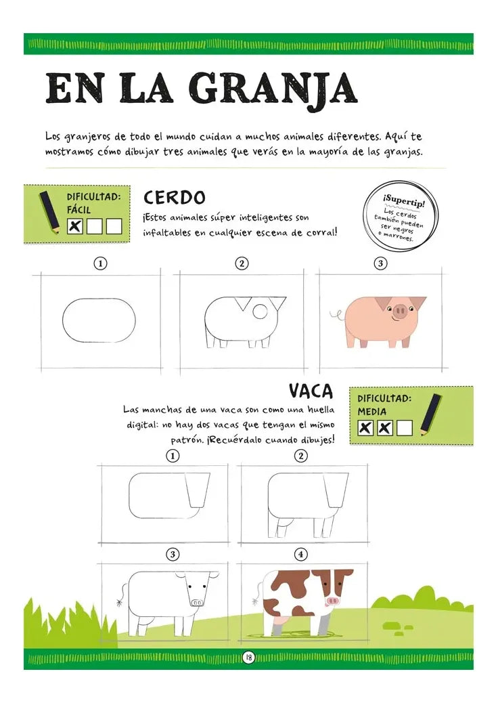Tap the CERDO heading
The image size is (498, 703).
click(174, 198)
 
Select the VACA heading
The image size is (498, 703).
click(311, 391)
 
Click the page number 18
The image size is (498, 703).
click(248, 657)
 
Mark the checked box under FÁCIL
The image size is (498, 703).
click(76, 226)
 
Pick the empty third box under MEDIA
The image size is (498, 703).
click(405, 428)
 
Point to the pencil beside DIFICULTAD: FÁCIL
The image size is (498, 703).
click(49, 211)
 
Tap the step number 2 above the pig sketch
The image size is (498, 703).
click(241, 263)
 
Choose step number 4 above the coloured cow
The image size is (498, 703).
click(302, 555)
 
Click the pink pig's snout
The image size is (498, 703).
click(401, 312)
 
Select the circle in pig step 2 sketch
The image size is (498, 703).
click(260, 311)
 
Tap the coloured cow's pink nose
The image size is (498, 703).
click(333, 601)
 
